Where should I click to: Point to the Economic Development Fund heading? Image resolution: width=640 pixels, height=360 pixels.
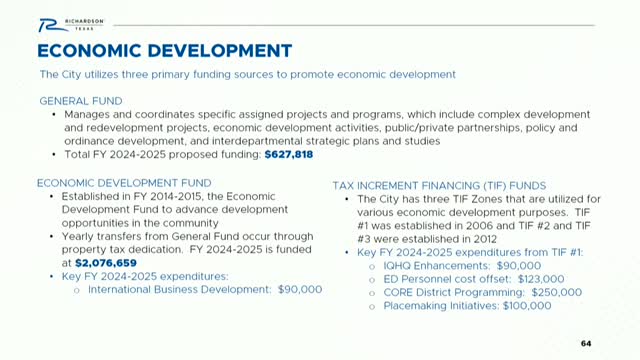124,183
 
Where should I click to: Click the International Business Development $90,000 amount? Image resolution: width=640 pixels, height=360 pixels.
298,288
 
